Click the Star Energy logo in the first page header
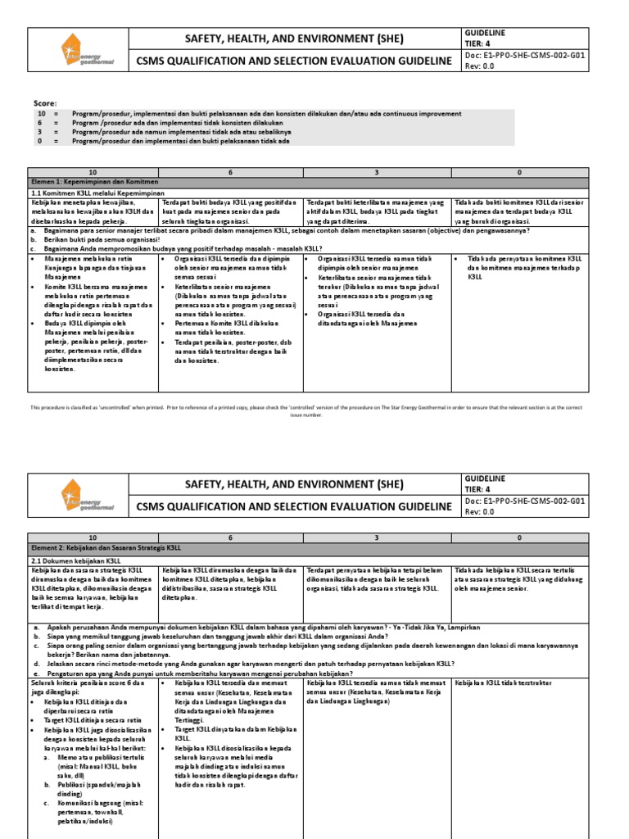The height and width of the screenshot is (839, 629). pos(81,49)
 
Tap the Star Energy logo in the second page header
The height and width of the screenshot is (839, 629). pos(81,496)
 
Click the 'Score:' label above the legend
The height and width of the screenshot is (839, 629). pos(45,104)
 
